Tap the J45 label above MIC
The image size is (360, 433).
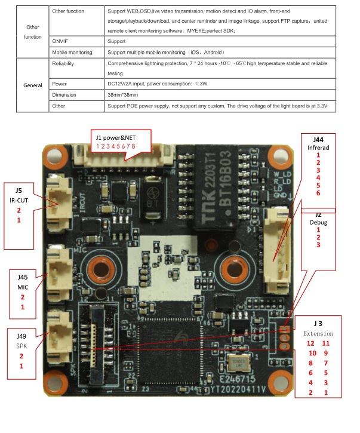point(22,276)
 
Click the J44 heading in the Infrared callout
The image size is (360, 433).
point(318,139)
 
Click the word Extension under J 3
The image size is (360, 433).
point(318,333)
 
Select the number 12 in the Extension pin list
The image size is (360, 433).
point(310,343)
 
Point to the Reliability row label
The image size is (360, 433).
point(63,63)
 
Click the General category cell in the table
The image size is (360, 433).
point(32,85)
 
